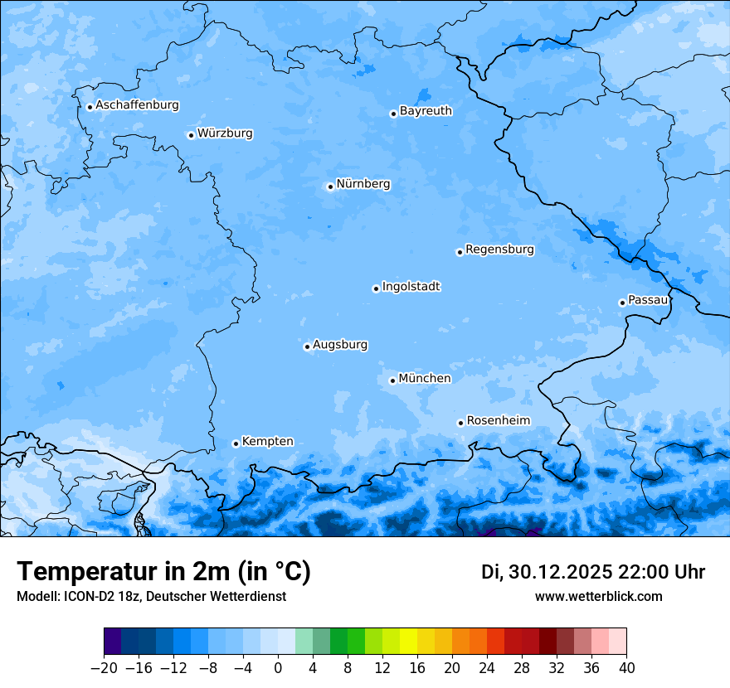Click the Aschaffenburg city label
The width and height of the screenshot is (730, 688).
[137, 105]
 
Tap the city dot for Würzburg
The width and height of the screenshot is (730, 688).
[191, 135]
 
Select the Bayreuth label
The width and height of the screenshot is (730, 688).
[426, 111]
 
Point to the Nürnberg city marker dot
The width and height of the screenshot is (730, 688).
[330, 187]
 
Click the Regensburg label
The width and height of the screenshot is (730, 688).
[499, 250]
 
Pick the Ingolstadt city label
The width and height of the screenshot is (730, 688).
[411, 287]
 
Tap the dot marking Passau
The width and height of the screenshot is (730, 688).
[622, 303]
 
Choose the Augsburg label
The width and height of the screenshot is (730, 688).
[340, 345]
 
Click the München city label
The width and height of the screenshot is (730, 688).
[425, 379]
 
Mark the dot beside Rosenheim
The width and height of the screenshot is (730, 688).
[460, 423]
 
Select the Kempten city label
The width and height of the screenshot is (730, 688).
[267, 442]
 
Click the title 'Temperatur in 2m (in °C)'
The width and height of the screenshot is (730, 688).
[163, 572]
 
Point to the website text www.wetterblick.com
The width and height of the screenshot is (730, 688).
[598, 597]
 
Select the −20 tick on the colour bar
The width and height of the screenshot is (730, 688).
[104, 668]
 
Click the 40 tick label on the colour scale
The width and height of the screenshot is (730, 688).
[626, 668]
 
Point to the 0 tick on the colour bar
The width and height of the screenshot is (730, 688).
[278, 668]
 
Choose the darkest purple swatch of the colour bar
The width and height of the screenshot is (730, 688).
[113, 642]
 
